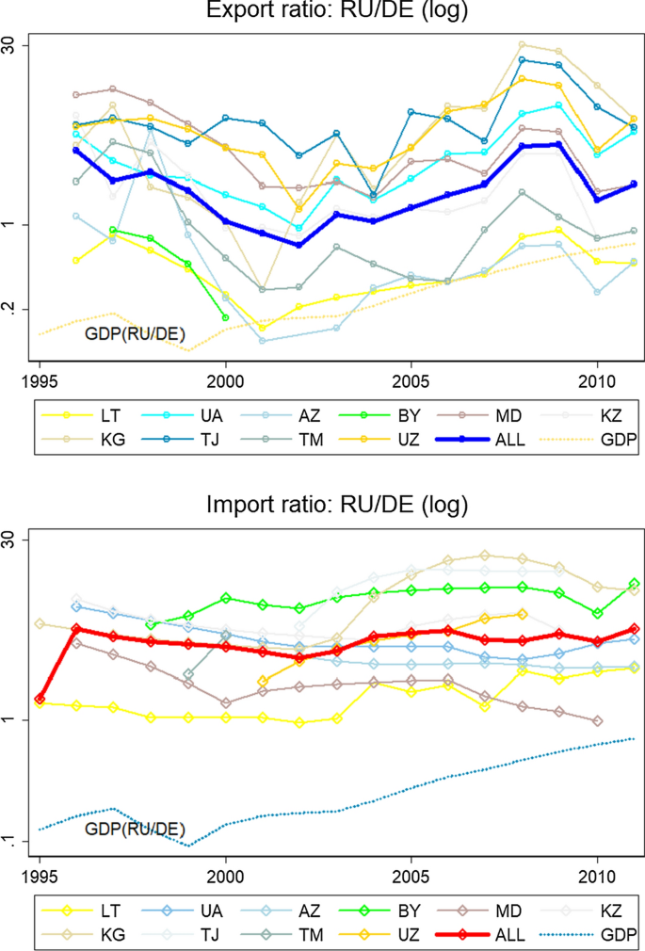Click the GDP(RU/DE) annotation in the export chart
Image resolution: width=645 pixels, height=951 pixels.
(135, 333)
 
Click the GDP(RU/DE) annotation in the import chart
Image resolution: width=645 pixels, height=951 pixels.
(135, 828)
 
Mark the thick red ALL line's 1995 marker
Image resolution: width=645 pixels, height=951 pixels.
(40, 699)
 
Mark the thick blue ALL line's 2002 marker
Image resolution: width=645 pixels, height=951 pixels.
(299, 245)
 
